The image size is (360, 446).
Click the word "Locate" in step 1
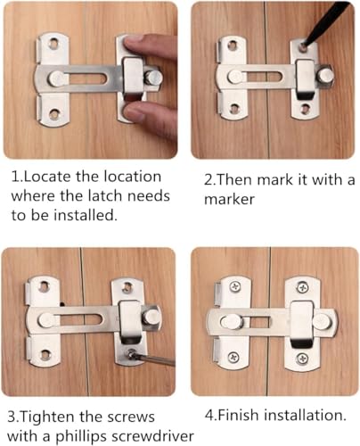[x=46, y=177]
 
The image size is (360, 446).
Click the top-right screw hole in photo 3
[x=127, y=287]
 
